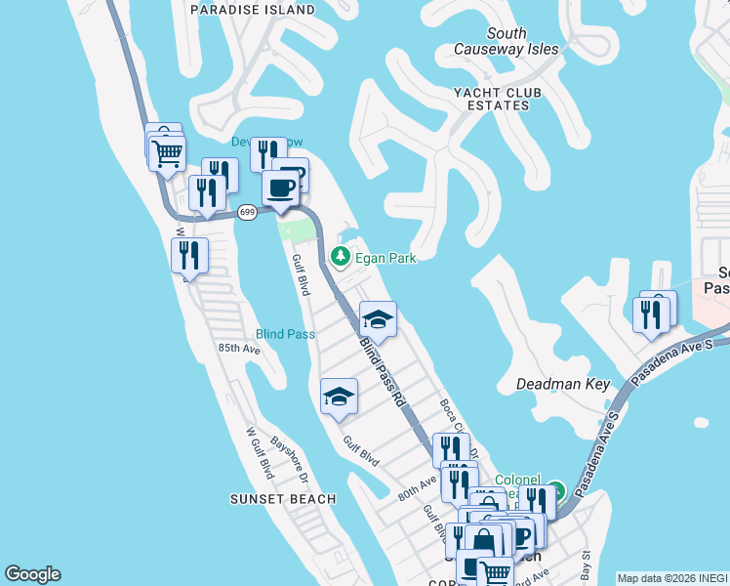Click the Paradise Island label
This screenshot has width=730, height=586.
(x=253, y=10)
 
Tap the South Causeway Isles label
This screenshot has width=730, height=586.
(x=507, y=41)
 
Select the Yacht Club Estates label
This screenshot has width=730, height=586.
(x=497, y=99)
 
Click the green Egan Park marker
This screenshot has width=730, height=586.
(x=341, y=257)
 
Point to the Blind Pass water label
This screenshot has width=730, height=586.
(x=285, y=334)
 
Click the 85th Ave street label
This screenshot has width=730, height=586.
(x=239, y=348)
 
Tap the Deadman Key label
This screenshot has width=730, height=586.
(x=562, y=385)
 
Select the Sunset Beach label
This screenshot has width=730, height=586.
(x=283, y=499)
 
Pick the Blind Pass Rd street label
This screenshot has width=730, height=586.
(x=382, y=372)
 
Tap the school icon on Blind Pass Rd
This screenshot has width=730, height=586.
(x=378, y=318)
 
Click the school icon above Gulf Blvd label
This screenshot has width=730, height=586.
(x=339, y=397)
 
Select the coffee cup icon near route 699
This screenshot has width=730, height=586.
(x=281, y=188)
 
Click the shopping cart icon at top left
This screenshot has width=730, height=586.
(x=168, y=152)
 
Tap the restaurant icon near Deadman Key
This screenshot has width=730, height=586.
(x=650, y=314)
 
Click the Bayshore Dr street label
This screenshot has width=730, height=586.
(x=289, y=459)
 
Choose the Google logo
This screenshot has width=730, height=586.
(x=32, y=574)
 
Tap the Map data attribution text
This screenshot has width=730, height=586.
(x=672, y=578)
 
